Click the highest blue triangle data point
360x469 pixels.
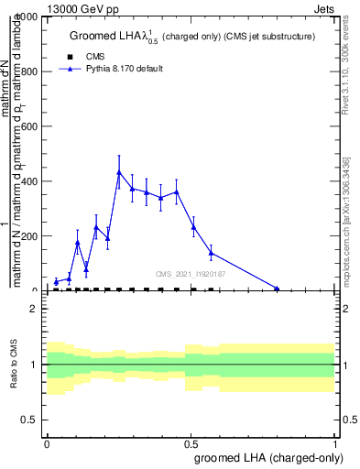[119, 172]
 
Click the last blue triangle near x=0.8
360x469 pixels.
[277, 289]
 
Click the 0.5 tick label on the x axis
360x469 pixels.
[191, 442]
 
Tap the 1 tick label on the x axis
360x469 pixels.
[335, 442]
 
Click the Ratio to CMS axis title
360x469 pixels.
[15, 365]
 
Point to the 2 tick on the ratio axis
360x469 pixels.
[36, 310]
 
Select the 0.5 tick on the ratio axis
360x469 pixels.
[33, 420]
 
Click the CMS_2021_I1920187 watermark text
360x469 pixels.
[191, 274]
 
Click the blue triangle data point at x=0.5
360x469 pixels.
[193, 227]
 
